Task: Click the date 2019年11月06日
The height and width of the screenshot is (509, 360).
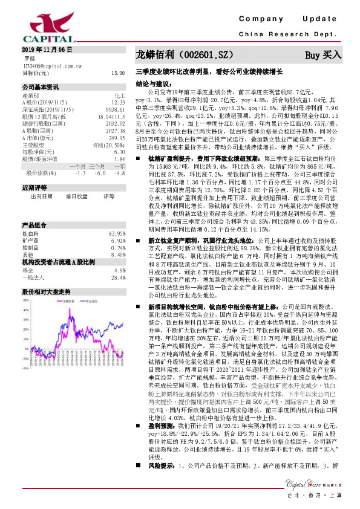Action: [x=47, y=48]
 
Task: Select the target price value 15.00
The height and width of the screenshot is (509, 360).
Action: [x=117, y=73]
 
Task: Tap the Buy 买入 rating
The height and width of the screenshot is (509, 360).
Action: [x=323, y=55]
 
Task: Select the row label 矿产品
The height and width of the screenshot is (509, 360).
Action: [x=31, y=224]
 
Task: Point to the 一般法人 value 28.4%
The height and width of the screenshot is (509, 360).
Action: [x=117, y=261]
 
